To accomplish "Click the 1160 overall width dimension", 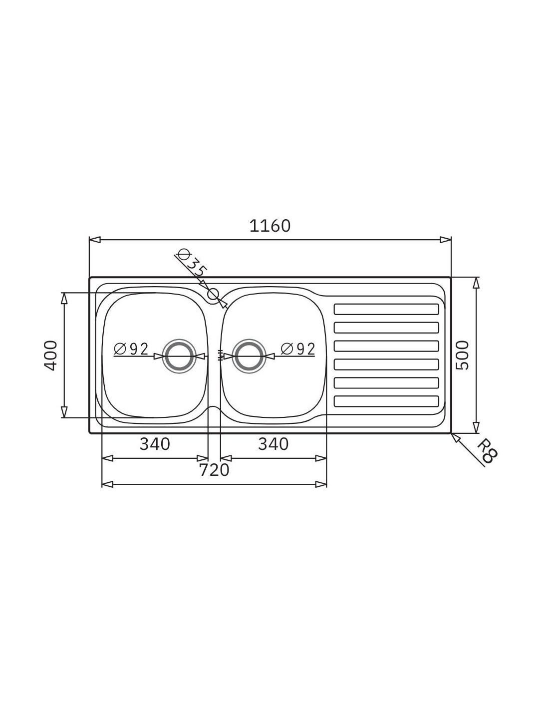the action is (x=270, y=226).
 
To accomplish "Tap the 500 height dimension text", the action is (x=462, y=355).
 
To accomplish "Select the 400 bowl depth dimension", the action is (x=50, y=355).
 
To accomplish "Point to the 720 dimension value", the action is (x=214, y=470).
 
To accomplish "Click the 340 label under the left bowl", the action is (x=155, y=444).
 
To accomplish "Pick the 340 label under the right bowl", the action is (x=274, y=444).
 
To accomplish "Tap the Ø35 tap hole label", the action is (x=192, y=262).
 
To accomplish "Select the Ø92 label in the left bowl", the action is (x=131, y=349).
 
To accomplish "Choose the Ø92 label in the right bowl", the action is (x=298, y=349).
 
